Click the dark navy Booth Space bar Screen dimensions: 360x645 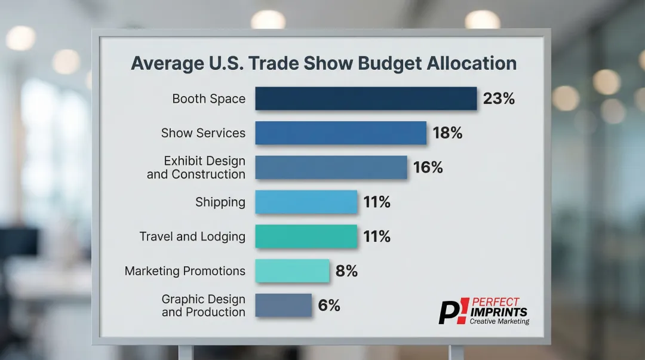point(365,99)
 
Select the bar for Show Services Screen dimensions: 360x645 point(340,133)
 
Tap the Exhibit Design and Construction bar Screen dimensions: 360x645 point(331,168)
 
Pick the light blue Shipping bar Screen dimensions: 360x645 point(306,202)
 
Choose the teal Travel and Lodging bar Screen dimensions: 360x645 point(306,236)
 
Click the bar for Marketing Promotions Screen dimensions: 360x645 point(292,271)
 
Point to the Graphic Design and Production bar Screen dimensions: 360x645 point(283,306)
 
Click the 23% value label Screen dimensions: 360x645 point(499,99)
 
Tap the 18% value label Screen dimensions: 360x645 point(447,133)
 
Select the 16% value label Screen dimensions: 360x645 point(428,168)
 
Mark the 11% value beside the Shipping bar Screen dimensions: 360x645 point(377,202)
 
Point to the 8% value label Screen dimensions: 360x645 point(346,271)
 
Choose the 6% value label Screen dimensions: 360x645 point(329,306)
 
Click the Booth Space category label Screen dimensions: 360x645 point(208,99)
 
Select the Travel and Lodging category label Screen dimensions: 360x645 point(192,236)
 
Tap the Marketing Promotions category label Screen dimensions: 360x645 point(185,271)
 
